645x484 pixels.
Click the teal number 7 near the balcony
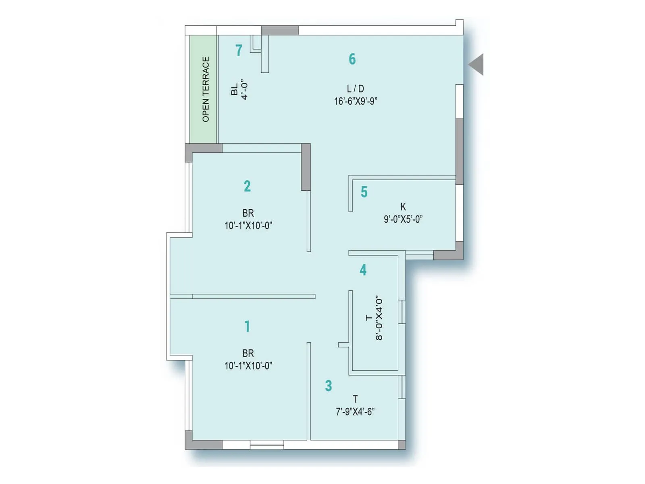tap(239, 50)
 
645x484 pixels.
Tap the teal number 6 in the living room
tap(352, 59)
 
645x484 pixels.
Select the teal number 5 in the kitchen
tap(364, 192)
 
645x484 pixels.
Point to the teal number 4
tap(363, 270)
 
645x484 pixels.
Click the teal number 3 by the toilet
tap(329, 386)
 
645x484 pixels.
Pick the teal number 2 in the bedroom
tap(247, 186)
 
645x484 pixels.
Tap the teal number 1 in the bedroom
tap(247, 326)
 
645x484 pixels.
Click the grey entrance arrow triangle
tap(477, 65)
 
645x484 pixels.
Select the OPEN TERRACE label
tap(206, 89)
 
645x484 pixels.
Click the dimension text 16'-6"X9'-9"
tap(355, 101)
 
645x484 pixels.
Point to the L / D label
tap(355, 89)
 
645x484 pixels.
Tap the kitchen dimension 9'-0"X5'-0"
tap(403, 219)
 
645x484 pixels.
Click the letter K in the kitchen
tap(403, 207)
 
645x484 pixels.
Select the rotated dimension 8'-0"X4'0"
tap(379, 319)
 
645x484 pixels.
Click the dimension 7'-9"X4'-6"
tap(355, 412)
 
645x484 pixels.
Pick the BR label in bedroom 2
tap(248, 213)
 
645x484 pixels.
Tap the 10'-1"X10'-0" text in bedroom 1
tap(248, 366)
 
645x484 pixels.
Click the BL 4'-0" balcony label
tap(239, 90)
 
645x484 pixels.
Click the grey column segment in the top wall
tap(279, 30)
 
